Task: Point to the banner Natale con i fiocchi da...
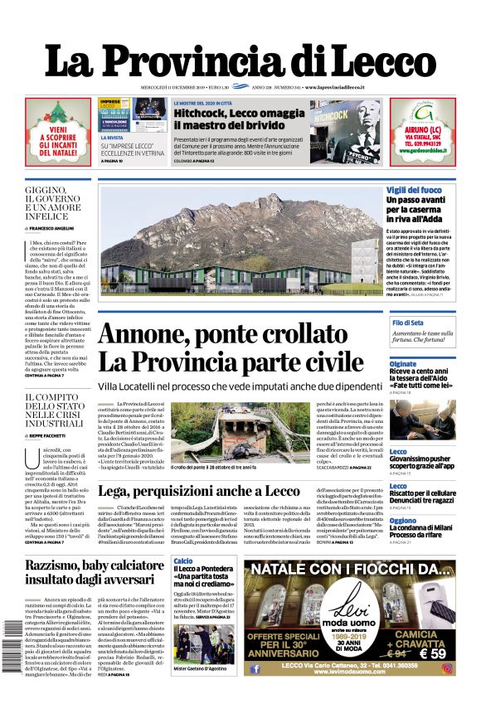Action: [352, 570]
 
